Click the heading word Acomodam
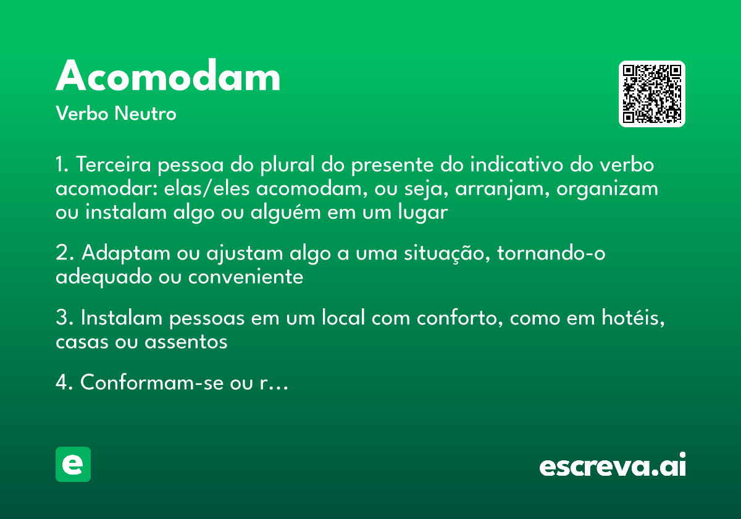pyautogui.click(x=168, y=77)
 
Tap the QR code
pyautogui.click(x=652, y=94)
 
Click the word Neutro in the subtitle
pyautogui.click(x=145, y=114)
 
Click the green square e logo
pyautogui.click(x=73, y=464)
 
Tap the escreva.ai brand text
pyautogui.click(x=613, y=465)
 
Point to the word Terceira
pyautogui.click(x=115, y=166)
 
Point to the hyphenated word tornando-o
pyautogui.click(x=551, y=253)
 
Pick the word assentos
pyautogui.click(x=186, y=342)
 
